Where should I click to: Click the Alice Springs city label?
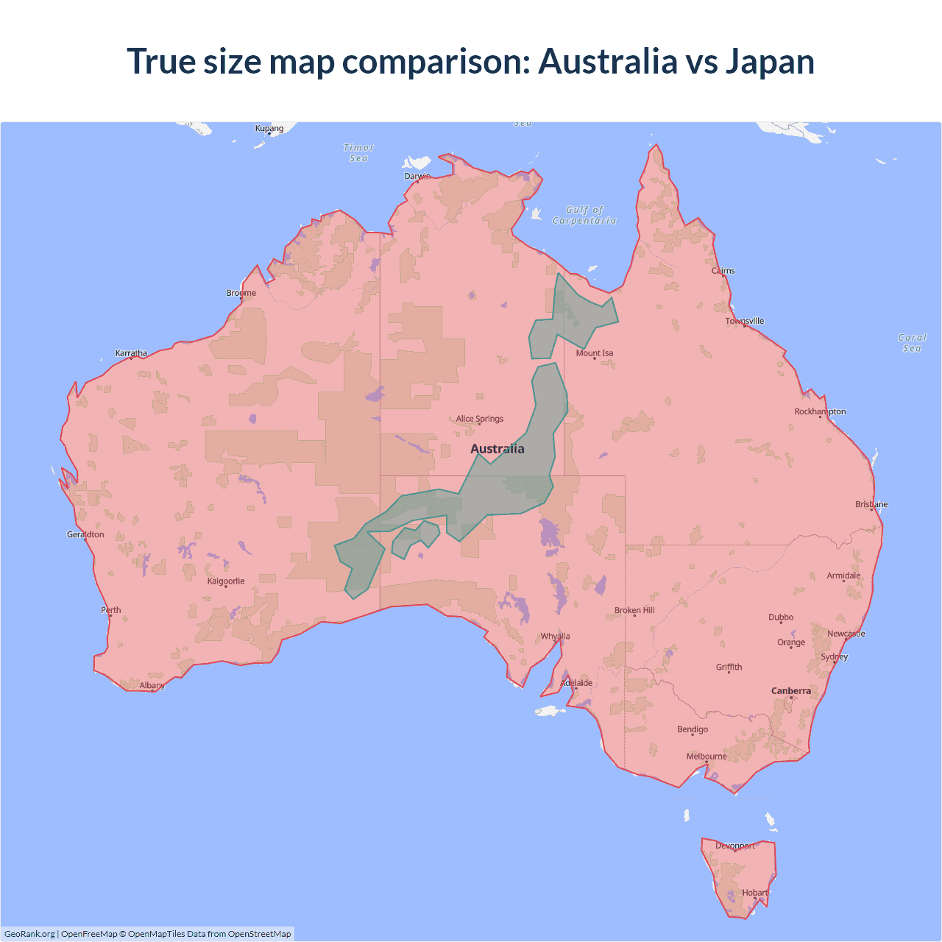point(479,419)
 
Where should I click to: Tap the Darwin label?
point(417,176)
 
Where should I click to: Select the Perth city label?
point(111,609)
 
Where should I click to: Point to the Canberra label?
point(791,690)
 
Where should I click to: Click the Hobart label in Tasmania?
point(755,892)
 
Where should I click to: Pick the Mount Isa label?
point(594,353)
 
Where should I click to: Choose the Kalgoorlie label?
point(226,581)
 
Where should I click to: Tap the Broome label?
point(241,292)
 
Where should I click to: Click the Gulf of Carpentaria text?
point(584,215)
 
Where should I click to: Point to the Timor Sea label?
point(359,152)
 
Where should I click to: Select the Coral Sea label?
point(912,342)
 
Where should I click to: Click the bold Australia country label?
point(497,448)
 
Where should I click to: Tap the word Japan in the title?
point(770,61)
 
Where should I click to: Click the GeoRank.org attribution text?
point(29,934)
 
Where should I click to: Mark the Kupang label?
point(269,128)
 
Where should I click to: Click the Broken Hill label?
point(634,610)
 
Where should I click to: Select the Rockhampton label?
point(820,411)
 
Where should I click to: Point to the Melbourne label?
point(706,756)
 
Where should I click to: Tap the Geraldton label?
point(85,534)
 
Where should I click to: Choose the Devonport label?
point(735,846)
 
